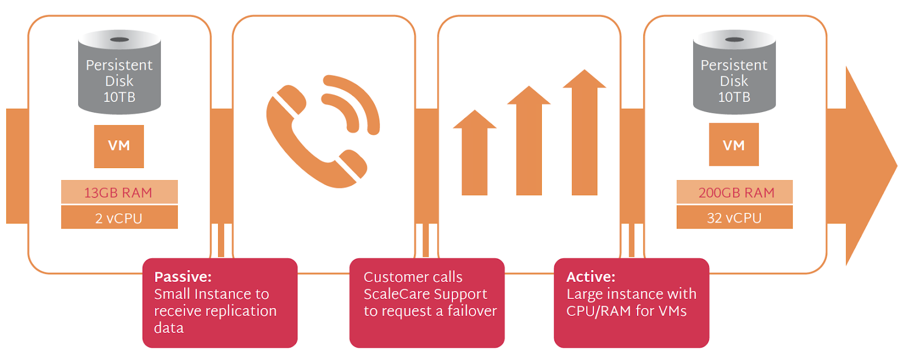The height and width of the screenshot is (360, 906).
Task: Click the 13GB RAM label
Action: [x=119, y=192]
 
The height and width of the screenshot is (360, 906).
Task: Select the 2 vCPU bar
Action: [x=119, y=218]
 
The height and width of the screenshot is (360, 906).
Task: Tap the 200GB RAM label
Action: [x=735, y=192]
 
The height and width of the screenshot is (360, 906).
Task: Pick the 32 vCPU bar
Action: [x=734, y=218]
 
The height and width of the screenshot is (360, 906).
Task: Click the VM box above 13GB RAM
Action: [x=119, y=146]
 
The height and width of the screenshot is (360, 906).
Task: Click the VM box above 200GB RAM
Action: [x=734, y=145]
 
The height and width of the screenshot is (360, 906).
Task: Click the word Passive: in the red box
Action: [x=183, y=277]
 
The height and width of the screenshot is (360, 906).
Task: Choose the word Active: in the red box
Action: [x=591, y=277]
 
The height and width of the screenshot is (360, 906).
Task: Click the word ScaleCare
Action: [x=396, y=294]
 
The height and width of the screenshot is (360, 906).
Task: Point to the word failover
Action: [x=472, y=311]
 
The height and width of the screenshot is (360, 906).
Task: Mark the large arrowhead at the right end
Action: [x=869, y=166]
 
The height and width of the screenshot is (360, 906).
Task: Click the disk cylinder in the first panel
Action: [x=119, y=72]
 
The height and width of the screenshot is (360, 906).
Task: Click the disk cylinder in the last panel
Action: [x=734, y=72]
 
